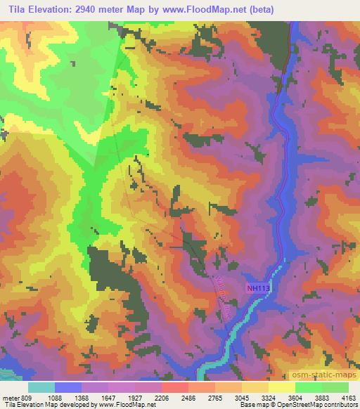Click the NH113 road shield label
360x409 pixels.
coord(259,287)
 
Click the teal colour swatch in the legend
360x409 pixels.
coord(41,387)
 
